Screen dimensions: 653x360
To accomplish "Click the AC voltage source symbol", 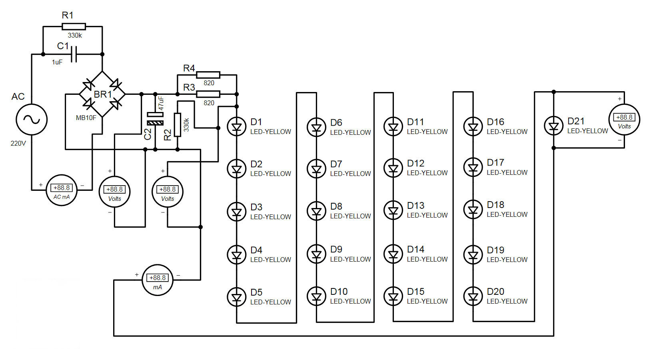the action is (x=32, y=120).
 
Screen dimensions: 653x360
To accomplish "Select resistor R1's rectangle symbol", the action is (x=74, y=27).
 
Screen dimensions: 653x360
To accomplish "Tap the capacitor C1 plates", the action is (x=74, y=54).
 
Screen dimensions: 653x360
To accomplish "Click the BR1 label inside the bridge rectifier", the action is (x=103, y=94).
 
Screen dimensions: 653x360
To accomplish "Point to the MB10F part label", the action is (x=86, y=118).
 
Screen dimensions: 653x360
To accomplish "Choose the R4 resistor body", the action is (x=208, y=75).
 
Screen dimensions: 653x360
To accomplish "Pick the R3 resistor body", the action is (x=208, y=94).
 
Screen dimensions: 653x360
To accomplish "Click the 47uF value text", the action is (x=161, y=104).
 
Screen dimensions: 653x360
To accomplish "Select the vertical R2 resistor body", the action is (x=178, y=125).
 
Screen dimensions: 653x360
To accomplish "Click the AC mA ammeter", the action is (x=62, y=190).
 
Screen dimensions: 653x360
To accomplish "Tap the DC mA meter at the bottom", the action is (x=158, y=280).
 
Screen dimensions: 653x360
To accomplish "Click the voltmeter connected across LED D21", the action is (x=624, y=120).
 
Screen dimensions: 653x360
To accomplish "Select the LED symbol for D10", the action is (x=316, y=296).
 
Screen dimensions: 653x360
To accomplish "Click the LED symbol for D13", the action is (x=393, y=210).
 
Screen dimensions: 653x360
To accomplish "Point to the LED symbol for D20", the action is (x=473, y=296).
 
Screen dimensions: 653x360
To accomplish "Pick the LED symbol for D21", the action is (x=553, y=126).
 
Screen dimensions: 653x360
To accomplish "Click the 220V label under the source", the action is (x=18, y=144).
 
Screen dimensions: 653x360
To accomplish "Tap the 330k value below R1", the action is (x=75, y=36).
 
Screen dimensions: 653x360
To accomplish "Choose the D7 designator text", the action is (x=336, y=164).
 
